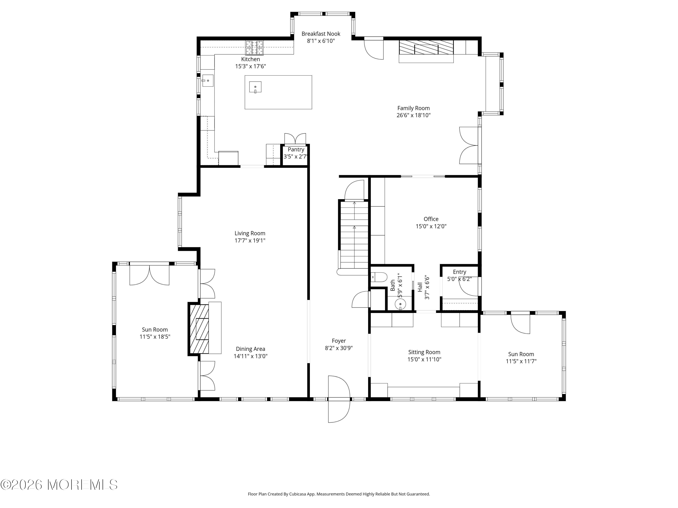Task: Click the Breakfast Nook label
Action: tap(321, 34)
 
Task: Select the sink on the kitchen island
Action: tap(255, 87)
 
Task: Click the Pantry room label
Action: tap(296, 149)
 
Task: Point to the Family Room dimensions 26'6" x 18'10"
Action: tap(414, 115)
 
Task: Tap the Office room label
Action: tap(431, 219)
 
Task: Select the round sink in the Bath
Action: tap(400, 304)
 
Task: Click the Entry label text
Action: tap(459, 272)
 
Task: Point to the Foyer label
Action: tap(339, 341)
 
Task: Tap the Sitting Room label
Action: tap(424, 352)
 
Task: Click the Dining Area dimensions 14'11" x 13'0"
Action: tap(250, 356)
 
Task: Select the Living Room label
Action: tap(250, 233)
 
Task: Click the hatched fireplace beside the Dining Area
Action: tap(199, 329)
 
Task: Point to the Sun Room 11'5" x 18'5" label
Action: tap(155, 333)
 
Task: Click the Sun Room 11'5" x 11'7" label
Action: tap(521, 358)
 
